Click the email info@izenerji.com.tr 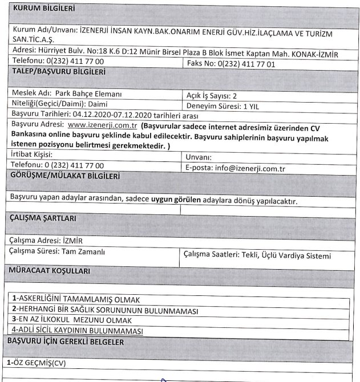249,168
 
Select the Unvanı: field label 199,157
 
